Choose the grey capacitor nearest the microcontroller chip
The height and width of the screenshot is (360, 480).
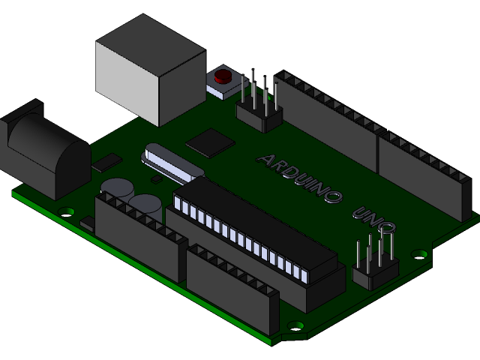coord(145,203)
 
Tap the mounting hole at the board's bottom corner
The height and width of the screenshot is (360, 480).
coord(296,327)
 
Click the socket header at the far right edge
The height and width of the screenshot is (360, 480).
coord(424,176)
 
